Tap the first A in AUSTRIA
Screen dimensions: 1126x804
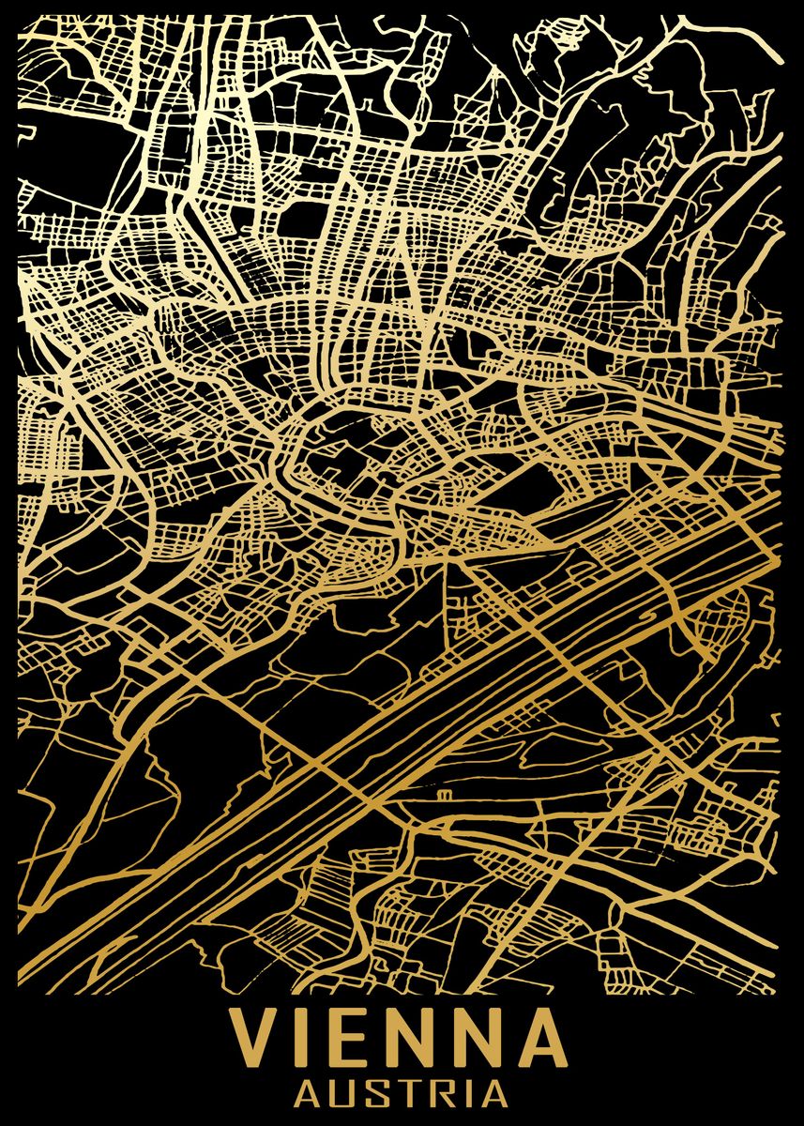(x=309, y=1094)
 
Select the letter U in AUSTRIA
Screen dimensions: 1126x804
(x=343, y=1094)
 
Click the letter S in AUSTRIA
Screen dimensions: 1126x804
(x=377, y=1094)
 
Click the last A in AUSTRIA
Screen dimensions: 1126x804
(x=494, y=1094)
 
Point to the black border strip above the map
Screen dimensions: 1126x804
(x=402, y=7)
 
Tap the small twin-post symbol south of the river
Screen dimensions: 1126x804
(x=441, y=795)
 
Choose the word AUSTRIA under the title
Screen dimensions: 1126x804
(x=402, y=1094)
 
